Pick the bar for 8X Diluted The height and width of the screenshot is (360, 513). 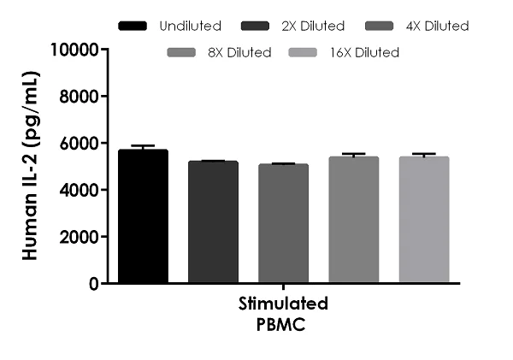click(353, 220)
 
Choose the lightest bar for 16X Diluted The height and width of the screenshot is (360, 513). click(423, 220)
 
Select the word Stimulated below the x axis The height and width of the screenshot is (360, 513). click(283, 304)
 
